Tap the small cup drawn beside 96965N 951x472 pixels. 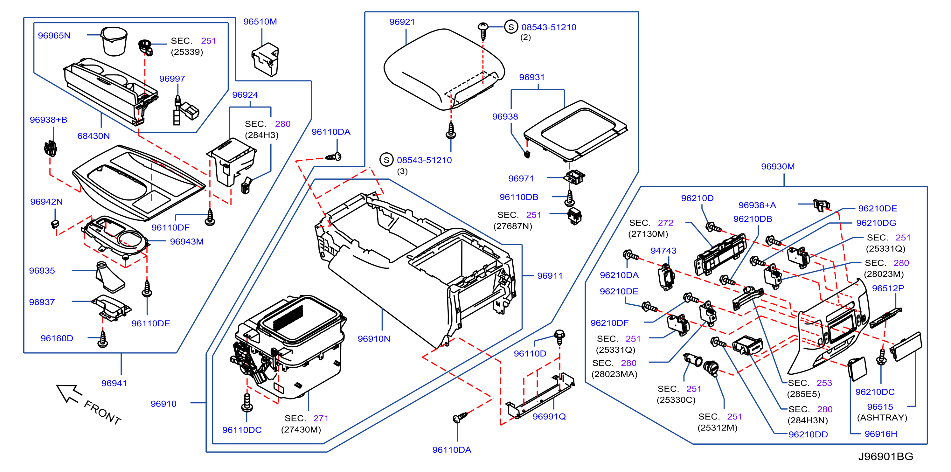114,41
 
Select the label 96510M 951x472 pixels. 260,21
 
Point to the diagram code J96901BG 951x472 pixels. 885,456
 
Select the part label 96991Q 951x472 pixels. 549,416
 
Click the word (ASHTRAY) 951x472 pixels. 882,417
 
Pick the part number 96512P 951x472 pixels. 888,288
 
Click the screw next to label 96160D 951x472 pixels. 103,339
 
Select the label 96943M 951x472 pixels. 186,242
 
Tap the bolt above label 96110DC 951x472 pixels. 246,402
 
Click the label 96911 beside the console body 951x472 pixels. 550,276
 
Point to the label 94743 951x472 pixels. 663,251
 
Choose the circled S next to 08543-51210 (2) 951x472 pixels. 511,27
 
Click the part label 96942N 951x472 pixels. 46,202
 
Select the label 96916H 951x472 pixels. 880,434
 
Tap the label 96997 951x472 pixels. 172,79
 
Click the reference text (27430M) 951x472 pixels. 301,430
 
